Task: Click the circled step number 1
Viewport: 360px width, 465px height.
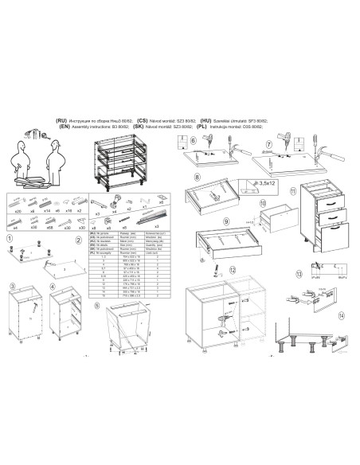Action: click(10, 238)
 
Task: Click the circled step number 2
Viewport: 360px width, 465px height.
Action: click(78, 240)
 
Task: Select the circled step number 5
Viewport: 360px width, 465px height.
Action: click(97, 304)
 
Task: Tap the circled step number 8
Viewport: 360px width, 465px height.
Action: click(186, 174)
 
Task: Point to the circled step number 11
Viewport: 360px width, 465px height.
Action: click(292, 191)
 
